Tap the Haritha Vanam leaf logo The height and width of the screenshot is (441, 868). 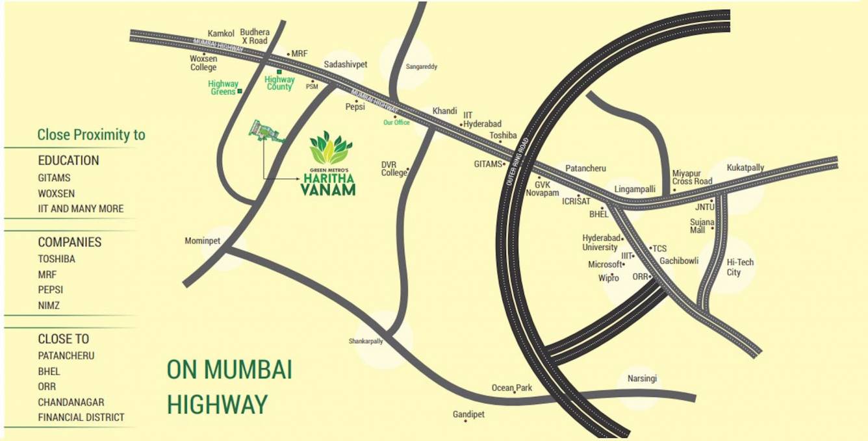(331, 148)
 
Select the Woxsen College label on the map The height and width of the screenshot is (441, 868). (203, 62)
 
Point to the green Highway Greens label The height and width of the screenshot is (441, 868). (223, 88)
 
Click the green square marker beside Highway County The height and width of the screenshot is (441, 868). (279, 71)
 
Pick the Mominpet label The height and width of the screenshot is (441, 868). (203, 241)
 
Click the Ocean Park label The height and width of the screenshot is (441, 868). (511, 388)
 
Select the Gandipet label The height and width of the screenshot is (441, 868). (468, 414)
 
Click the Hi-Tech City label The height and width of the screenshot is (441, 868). (740, 267)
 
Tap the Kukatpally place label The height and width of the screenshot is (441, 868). (745, 168)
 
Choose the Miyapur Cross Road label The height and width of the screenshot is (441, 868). (692, 177)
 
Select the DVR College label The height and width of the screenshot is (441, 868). (393, 169)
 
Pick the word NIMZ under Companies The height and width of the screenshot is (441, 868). (49, 305)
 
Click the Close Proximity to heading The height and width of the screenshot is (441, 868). (91, 135)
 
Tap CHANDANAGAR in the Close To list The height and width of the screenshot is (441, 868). (71, 402)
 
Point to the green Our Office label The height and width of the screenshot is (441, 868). (396, 122)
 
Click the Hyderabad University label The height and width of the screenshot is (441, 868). (600, 242)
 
